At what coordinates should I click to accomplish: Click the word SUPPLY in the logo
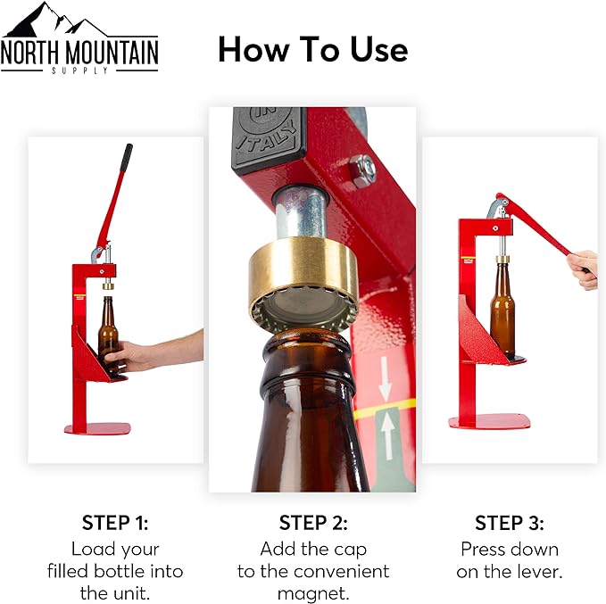[x=79, y=70]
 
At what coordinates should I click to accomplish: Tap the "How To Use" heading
[x=313, y=49]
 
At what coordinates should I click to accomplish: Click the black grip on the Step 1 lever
[x=126, y=159]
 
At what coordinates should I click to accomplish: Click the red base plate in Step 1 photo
[x=97, y=428]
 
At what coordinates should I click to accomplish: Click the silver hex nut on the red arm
[x=362, y=170]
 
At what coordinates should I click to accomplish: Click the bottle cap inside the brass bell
[x=303, y=312]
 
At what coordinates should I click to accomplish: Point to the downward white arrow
[x=385, y=378]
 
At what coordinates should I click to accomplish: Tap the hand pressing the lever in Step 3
[x=584, y=269]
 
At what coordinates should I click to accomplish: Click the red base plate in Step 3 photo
[x=489, y=421]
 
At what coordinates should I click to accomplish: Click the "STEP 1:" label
[x=115, y=523]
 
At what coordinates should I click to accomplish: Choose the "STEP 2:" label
[x=313, y=523]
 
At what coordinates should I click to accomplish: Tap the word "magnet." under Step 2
[x=313, y=593]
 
